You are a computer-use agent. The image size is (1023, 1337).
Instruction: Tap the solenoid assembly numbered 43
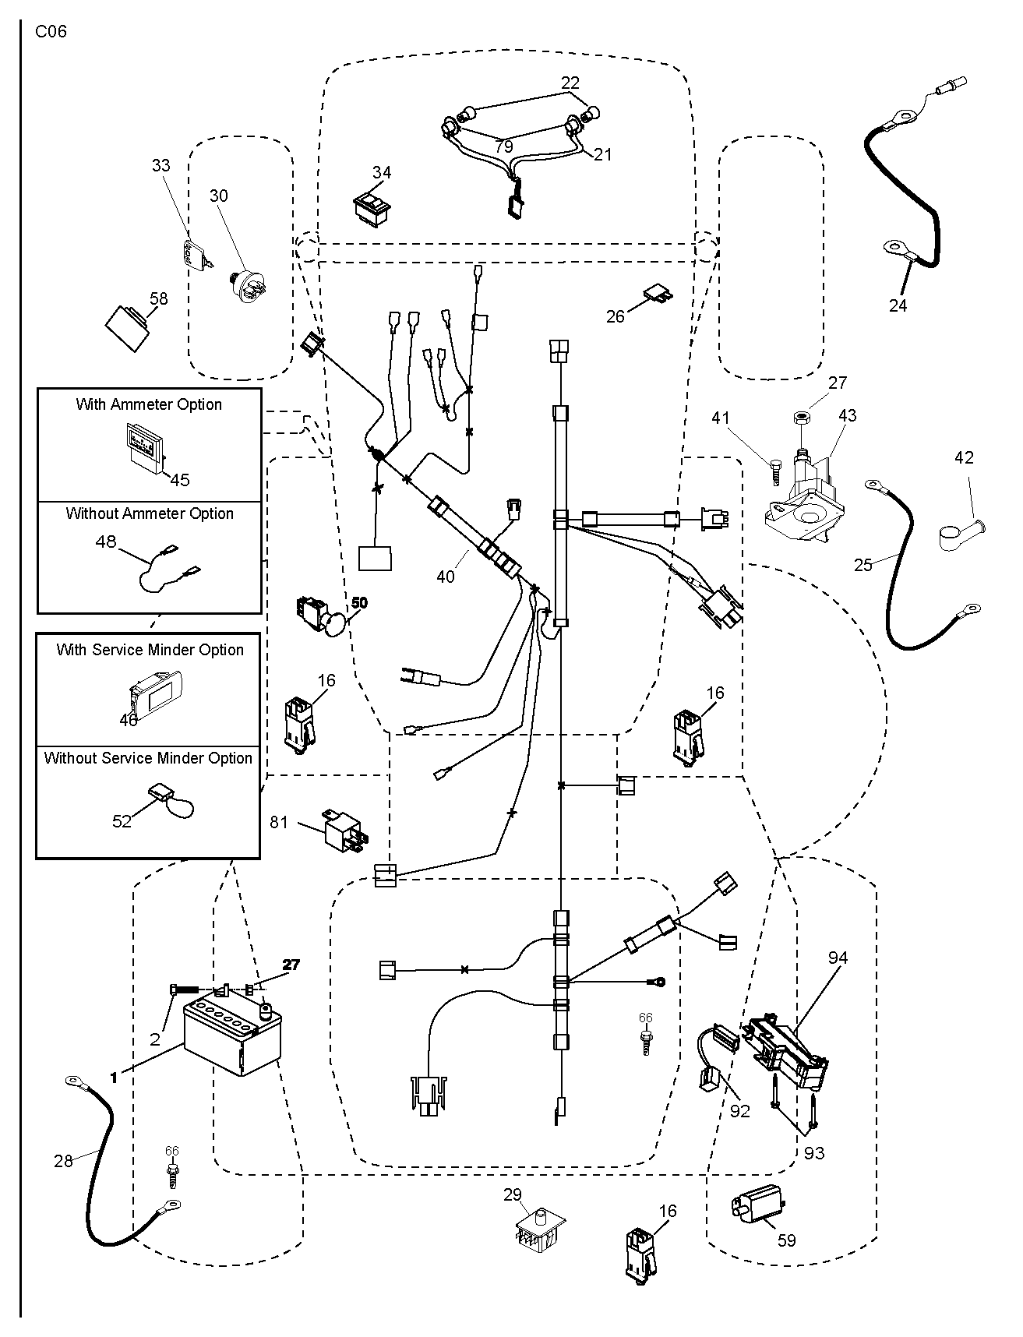click(x=803, y=503)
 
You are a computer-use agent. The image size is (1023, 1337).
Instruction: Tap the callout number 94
click(x=838, y=958)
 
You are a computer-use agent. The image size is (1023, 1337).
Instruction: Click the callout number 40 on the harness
click(x=446, y=577)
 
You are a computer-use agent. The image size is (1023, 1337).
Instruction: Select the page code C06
click(x=51, y=32)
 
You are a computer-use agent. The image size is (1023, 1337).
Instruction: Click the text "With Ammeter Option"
click(x=149, y=404)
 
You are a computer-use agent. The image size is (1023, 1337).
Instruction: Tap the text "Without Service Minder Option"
click(x=148, y=758)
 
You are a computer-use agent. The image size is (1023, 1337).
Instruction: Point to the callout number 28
click(x=63, y=1161)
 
